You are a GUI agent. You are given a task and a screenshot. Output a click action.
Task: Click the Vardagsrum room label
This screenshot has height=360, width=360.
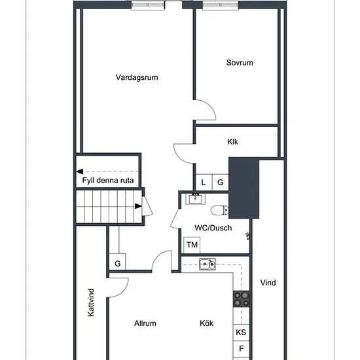pos(137,77)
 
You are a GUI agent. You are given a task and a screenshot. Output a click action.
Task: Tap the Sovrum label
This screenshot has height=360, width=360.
pos(240,63)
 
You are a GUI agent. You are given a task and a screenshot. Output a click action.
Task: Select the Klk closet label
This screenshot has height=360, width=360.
pos(232,141)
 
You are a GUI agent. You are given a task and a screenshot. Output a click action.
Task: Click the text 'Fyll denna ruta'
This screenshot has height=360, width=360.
pos(108,180)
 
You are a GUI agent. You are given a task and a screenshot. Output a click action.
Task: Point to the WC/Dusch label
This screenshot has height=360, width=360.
pos(213,228)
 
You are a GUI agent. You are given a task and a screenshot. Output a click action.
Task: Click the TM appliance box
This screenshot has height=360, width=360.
pos(192,245)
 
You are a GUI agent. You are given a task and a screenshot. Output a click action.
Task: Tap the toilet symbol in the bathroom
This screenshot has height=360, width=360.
pos(220,210)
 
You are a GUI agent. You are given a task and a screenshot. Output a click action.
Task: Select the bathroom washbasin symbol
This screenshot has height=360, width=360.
pos(195,199)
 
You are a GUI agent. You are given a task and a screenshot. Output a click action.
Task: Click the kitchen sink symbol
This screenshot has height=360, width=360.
pos(207,264)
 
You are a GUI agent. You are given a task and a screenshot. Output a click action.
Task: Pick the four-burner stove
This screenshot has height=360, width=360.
pos(242,299)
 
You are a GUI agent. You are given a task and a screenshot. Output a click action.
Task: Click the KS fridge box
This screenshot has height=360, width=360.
pos(242,333)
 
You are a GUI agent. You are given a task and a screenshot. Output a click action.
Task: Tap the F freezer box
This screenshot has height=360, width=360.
pos(242,349)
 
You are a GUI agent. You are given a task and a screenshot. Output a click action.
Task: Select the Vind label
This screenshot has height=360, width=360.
pos(268,283)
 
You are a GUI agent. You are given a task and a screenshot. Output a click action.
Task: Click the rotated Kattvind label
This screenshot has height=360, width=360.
pos(91,302)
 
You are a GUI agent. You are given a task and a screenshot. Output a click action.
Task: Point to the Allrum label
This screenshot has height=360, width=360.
pos(145,323)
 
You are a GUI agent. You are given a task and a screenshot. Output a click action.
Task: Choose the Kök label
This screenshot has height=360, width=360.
pos(207,323)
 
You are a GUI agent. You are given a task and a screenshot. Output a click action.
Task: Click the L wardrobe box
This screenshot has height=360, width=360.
pos(204,183)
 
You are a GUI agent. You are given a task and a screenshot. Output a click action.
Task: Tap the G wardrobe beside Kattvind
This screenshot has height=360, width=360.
pos(118,262)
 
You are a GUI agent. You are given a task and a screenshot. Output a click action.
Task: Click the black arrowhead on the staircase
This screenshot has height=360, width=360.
pos(138,206)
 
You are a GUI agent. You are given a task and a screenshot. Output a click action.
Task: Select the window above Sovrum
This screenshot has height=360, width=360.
pos(221,5)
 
